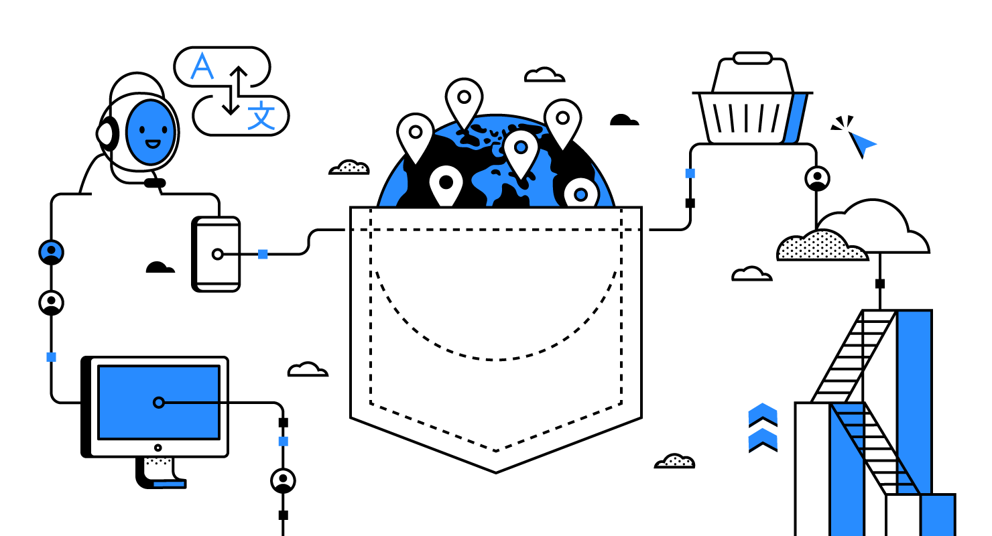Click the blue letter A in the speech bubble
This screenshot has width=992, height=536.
202,67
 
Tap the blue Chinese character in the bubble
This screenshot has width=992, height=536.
261,116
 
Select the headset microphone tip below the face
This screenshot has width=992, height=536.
155,182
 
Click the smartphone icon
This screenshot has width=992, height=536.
216,254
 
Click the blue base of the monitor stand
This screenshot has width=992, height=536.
169,483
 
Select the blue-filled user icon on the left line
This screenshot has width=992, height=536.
51,252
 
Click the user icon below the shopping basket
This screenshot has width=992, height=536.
817,178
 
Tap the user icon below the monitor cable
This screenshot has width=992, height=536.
283,480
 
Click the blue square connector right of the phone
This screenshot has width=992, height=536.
263,254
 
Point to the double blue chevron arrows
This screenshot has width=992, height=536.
763,427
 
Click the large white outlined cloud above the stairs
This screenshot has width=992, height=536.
875,228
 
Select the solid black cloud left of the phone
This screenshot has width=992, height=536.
160,267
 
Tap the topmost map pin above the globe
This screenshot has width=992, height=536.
463,99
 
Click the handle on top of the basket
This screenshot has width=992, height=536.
753,58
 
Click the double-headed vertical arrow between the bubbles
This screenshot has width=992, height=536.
233,90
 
